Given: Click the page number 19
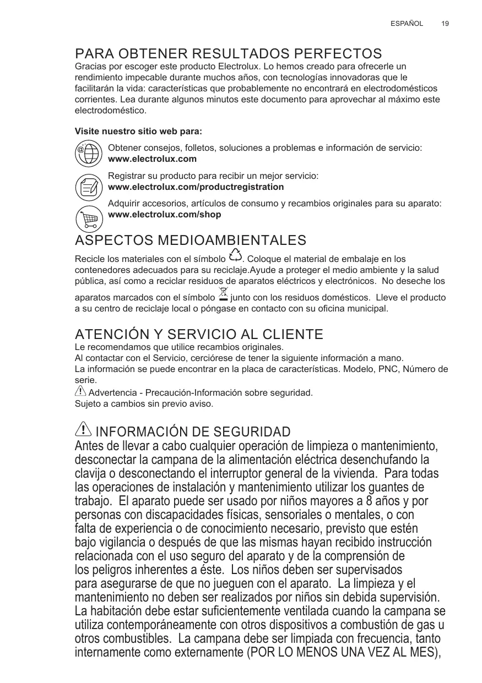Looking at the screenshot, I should [445, 24].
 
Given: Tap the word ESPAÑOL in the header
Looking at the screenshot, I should [407, 24].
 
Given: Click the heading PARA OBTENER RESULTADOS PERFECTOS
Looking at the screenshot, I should [228, 54].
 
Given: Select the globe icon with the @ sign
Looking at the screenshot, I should [88, 154].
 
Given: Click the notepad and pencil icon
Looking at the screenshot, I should [88, 187].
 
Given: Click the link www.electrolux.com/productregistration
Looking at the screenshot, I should [196, 187].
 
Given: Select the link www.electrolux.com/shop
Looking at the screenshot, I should [165, 215].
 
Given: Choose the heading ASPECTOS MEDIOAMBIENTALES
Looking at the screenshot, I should [191, 241].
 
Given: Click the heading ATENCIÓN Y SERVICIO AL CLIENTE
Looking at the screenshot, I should [199, 335].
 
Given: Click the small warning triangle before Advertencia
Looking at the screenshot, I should [80, 391].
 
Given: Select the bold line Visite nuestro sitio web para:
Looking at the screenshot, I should [138, 132].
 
